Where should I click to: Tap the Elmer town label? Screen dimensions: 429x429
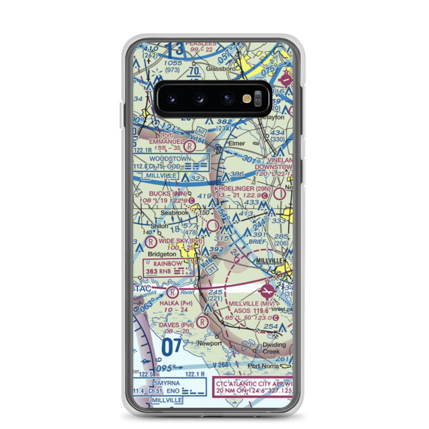click(x=236, y=143)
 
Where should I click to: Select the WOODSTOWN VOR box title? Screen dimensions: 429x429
click(x=170, y=158)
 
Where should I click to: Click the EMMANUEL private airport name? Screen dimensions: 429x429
click(x=166, y=141)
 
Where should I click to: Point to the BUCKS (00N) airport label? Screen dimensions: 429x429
click(x=162, y=193)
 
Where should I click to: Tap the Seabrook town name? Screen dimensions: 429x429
click(x=174, y=213)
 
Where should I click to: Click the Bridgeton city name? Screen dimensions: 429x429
click(x=162, y=254)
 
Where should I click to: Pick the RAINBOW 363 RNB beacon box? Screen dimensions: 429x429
click(x=168, y=267)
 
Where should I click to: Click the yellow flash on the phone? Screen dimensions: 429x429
click(x=247, y=98)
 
